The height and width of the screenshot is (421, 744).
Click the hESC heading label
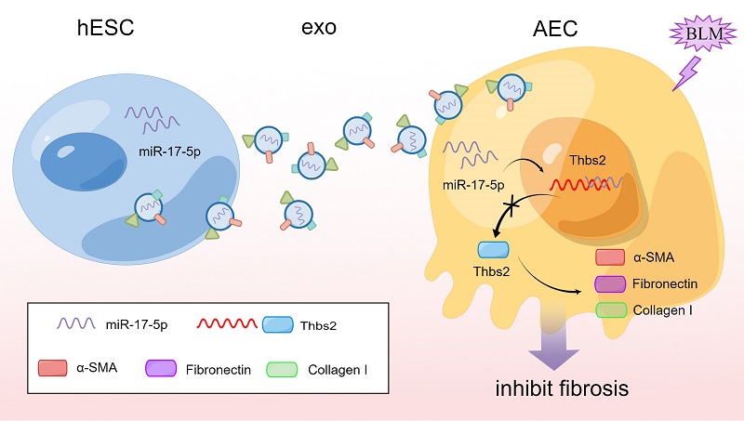coord(107,28)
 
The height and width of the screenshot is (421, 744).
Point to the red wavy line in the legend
coord(228,325)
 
